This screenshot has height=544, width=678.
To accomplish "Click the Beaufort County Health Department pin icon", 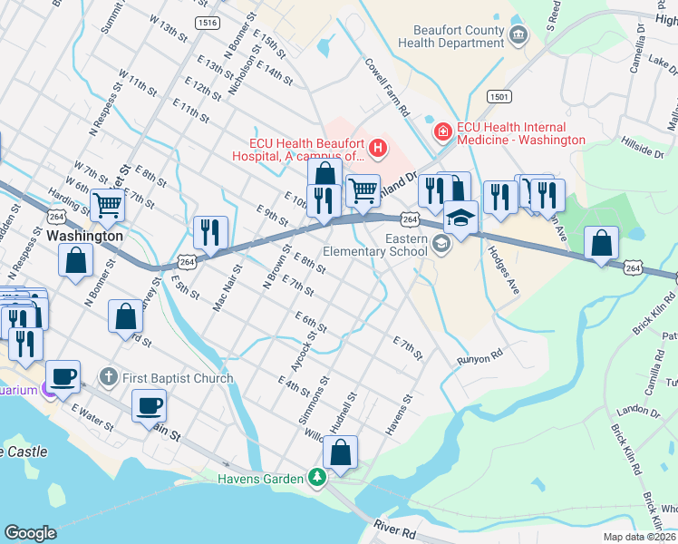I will tap(518, 35).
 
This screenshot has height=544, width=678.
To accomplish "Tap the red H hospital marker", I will tap(379, 145).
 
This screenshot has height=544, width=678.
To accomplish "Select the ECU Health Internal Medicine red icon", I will tap(443, 132).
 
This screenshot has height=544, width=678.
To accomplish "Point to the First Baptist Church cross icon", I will tap(108, 376).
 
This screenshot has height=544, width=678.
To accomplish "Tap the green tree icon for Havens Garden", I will tap(316, 477).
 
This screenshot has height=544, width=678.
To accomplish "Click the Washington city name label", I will tap(84, 236).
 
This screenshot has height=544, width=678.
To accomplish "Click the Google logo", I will tap(30, 533).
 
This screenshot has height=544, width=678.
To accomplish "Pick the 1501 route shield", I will tap(499, 96).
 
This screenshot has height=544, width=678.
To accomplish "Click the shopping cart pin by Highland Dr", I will tap(363, 189).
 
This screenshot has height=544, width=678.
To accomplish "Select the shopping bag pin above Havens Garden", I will tap(340, 452).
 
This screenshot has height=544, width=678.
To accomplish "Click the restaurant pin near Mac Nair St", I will tap(209, 231).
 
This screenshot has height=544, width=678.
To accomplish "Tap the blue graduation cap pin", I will tap(460, 218).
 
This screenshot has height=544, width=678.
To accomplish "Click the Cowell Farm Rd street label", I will tap(388, 87).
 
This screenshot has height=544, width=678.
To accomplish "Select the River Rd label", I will tap(395, 527).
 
